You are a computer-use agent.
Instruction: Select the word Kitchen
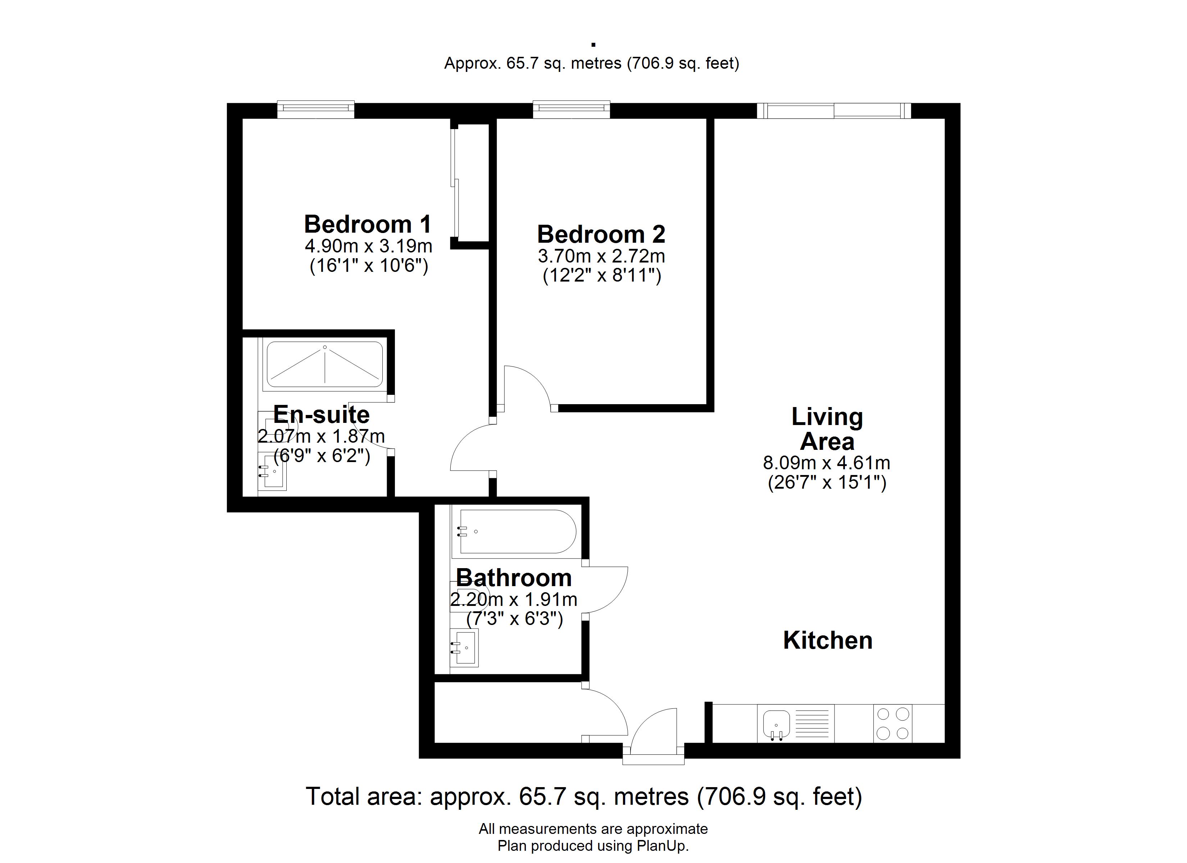(827, 640)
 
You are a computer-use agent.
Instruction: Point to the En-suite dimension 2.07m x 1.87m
(321, 436)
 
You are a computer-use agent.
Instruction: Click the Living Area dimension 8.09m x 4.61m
(826, 463)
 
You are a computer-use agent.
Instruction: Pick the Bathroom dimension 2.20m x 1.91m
(513, 599)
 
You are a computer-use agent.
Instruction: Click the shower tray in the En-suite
(324, 364)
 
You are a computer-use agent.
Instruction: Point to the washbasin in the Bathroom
(465, 647)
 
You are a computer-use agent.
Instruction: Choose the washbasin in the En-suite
(273, 471)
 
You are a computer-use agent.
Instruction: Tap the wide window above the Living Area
(834, 110)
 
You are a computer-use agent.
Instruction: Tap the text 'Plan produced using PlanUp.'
(593, 846)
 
